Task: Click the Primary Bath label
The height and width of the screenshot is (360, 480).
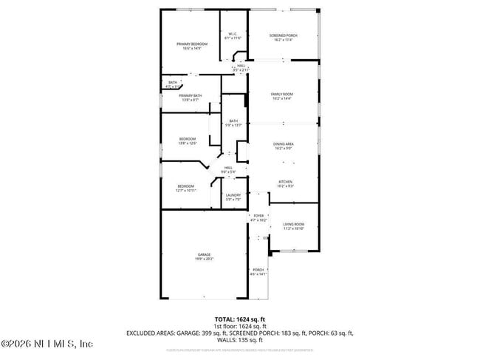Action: click(190, 97)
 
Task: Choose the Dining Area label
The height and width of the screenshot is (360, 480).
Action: click(284, 146)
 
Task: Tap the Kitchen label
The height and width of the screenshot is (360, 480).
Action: click(285, 184)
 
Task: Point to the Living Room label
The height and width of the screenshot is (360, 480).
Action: click(293, 226)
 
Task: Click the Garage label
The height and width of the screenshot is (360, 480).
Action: click(204, 257)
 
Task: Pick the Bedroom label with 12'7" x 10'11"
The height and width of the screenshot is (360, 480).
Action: click(185, 188)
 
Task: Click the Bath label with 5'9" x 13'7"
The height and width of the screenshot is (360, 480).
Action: click(233, 123)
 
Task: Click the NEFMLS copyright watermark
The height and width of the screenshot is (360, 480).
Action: click(47, 344)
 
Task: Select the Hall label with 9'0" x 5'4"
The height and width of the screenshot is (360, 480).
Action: click(229, 169)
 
